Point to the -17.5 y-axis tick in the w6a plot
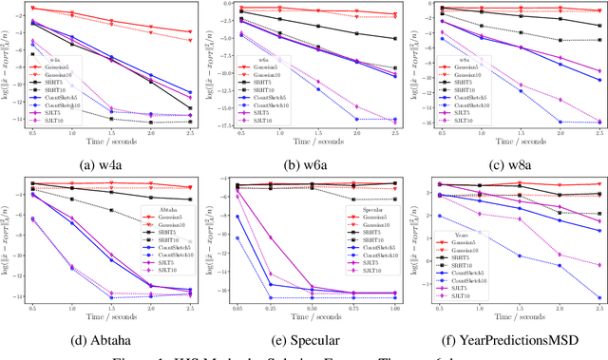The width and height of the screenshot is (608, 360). (x=221, y=125)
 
